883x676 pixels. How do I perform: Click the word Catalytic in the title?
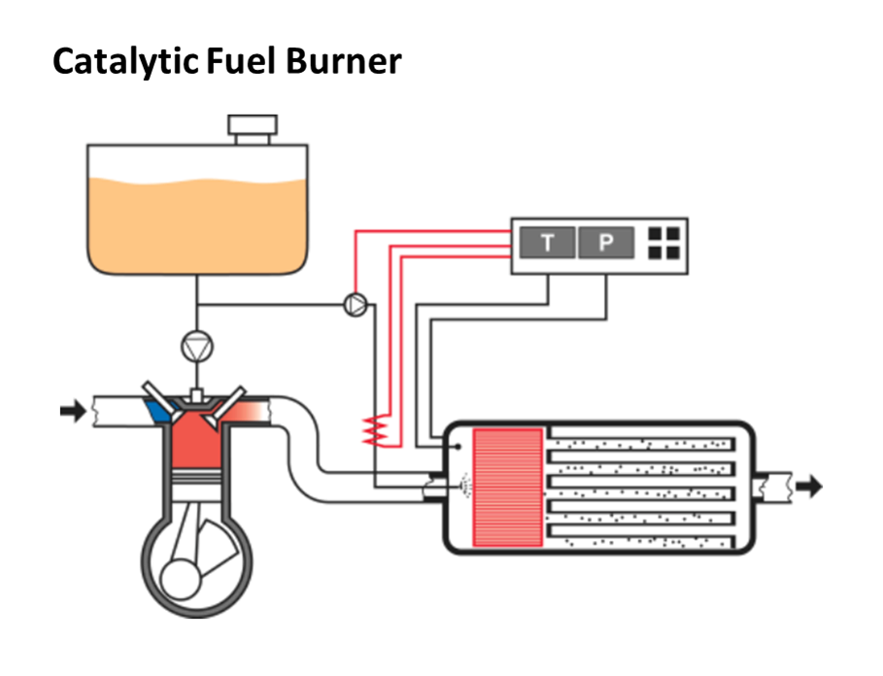coord(123,61)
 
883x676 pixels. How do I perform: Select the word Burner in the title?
coord(343,61)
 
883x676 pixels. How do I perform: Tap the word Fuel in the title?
coord(242,61)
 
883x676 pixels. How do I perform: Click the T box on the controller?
coord(547,243)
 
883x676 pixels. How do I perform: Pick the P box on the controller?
coord(605,243)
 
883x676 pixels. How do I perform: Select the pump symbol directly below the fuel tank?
coord(197,344)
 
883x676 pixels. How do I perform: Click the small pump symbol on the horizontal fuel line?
coord(356,305)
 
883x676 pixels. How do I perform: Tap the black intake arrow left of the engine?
coord(73,411)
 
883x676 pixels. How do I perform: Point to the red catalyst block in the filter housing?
coord(507,486)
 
